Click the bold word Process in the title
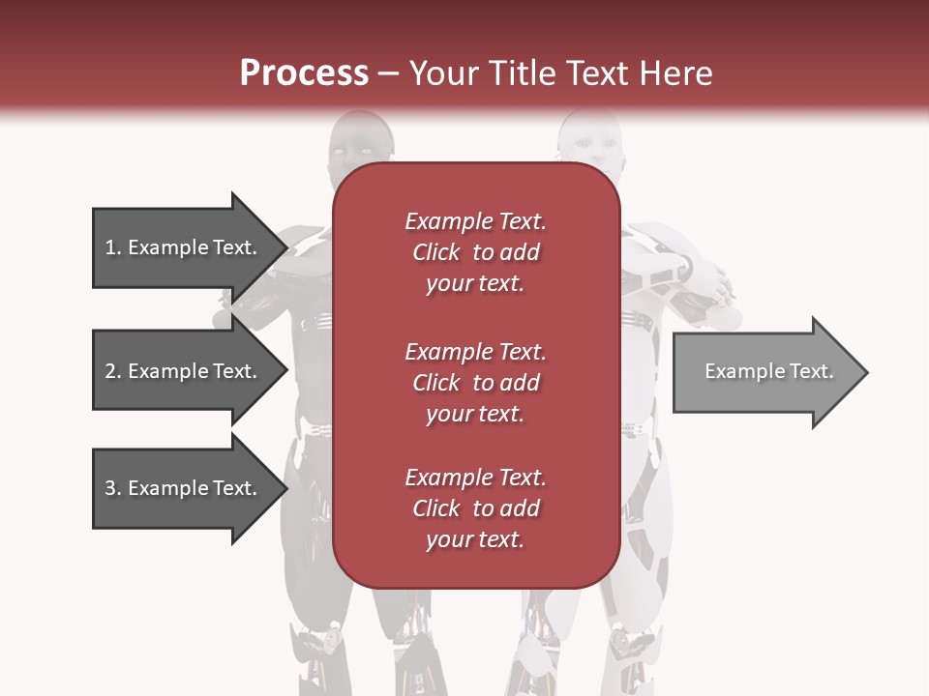pos(304,72)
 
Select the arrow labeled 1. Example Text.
pos(184,247)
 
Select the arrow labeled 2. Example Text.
pos(184,371)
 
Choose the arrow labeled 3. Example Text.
pos(184,488)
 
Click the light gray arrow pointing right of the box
pos(764,371)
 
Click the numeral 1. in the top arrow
pos(112,247)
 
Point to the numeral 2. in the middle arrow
pos(112,371)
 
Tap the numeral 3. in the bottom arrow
pos(112,488)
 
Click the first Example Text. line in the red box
pos(475,221)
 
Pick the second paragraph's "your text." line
pos(474,414)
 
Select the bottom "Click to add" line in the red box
pos(475,508)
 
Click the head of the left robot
pos(359,140)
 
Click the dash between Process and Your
pos(388,73)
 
